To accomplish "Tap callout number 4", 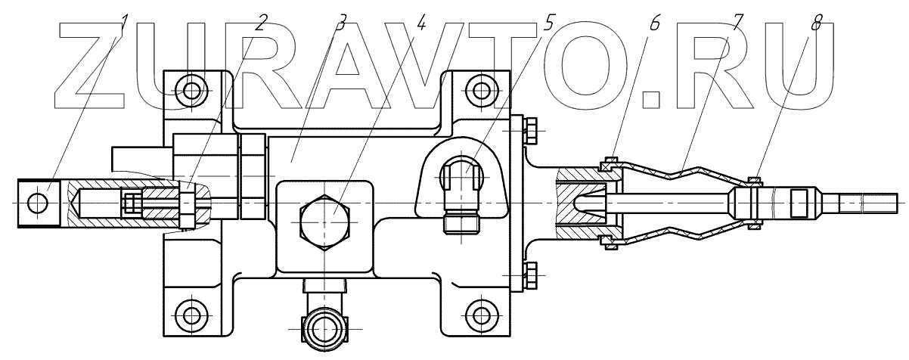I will (421, 23).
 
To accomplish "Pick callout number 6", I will (655, 23).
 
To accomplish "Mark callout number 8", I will (814, 23).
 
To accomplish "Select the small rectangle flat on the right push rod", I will (799, 203).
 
